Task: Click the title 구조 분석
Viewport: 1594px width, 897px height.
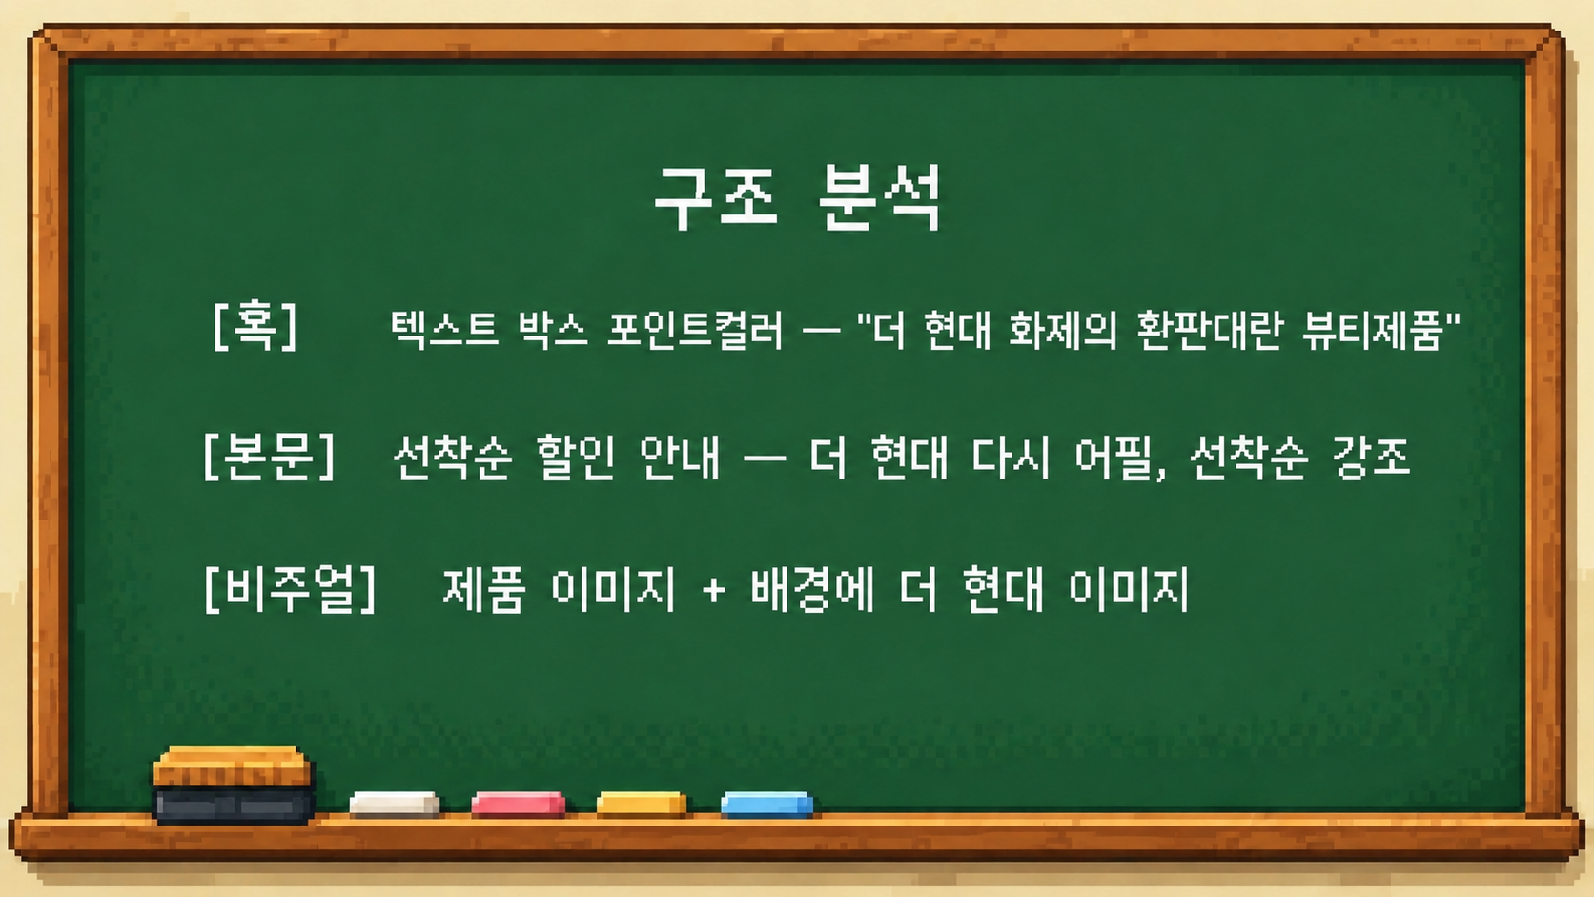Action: click(x=798, y=198)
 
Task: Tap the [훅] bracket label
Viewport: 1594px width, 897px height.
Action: click(x=255, y=325)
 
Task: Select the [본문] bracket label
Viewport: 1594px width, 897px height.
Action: click(x=268, y=456)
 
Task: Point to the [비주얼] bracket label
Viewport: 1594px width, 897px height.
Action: click(x=289, y=587)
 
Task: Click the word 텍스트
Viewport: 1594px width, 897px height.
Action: click(x=444, y=330)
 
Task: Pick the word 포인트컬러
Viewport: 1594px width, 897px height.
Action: click(x=695, y=330)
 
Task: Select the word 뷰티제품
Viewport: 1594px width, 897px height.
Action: click(x=1373, y=331)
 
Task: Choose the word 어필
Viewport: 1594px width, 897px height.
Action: click(x=1115, y=458)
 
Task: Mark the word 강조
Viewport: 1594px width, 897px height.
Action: click(x=1371, y=458)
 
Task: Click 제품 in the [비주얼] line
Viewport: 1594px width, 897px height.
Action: click(x=484, y=590)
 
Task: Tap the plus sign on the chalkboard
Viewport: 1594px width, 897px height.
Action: click(x=714, y=591)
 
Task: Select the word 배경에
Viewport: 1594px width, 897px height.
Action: click(x=812, y=590)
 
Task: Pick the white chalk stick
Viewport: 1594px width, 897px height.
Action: click(x=395, y=804)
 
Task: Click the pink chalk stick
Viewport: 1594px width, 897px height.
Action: click(x=518, y=804)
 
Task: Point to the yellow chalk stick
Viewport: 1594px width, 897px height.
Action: click(x=642, y=804)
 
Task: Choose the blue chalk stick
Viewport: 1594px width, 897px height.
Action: click(x=766, y=804)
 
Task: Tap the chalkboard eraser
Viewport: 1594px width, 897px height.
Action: click(x=234, y=785)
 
